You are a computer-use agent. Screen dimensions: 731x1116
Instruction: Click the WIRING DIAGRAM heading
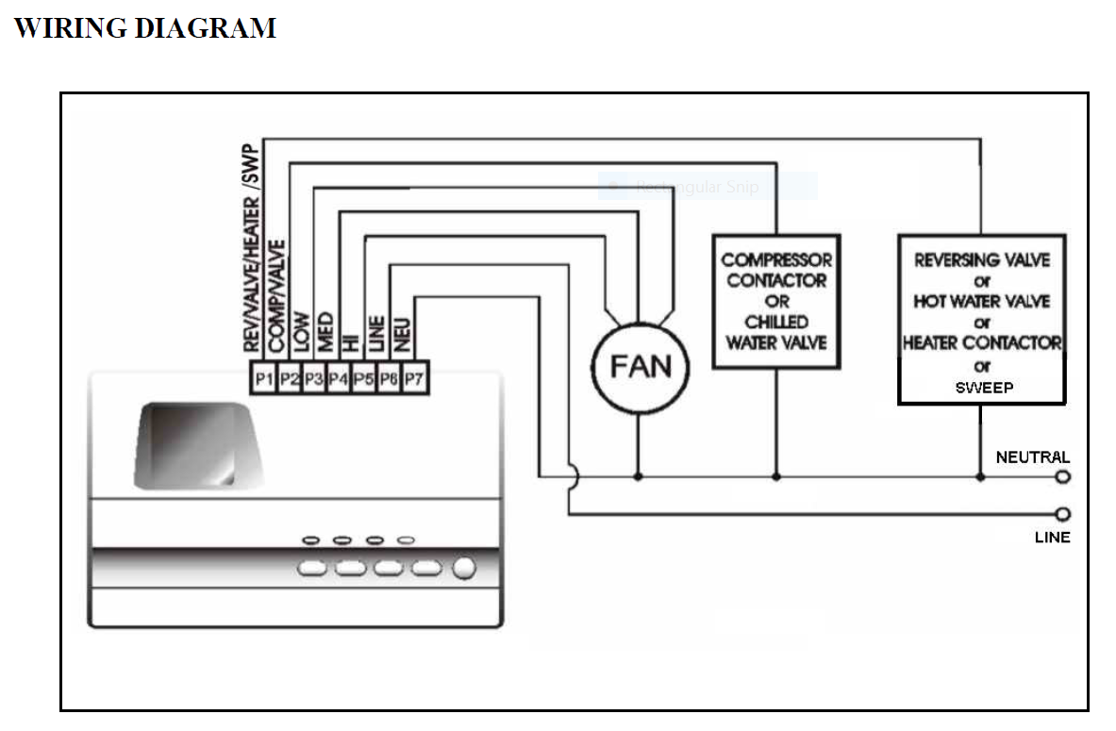click(145, 28)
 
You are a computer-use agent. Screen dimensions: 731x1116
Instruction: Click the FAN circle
click(641, 364)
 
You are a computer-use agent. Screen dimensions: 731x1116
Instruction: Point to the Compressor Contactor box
click(776, 301)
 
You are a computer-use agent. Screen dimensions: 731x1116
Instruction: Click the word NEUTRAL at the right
click(1033, 457)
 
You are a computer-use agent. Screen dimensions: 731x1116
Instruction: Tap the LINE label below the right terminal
click(1053, 538)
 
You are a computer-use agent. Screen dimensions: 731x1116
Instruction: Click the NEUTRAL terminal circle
click(1063, 477)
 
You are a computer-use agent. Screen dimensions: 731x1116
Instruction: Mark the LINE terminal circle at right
click(1063, 514)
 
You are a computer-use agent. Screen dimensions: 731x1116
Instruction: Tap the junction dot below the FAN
click(639, 477)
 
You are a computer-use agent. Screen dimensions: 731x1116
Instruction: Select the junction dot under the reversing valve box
click(980, 477)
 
